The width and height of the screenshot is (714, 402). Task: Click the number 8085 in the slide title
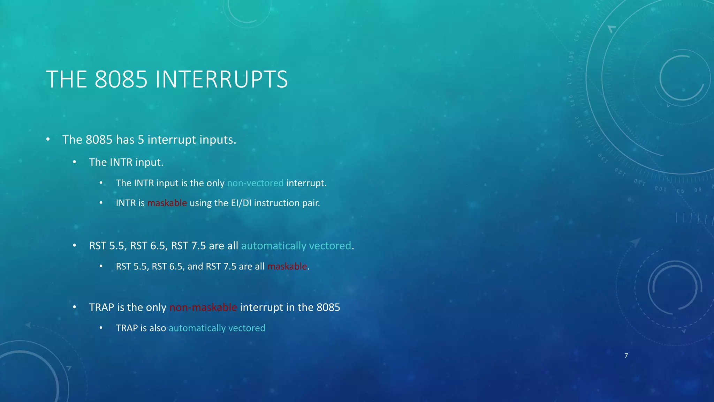pos(121,80)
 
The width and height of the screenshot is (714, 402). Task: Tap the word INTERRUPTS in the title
pos(221,80)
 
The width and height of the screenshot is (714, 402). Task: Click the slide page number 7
pos(626,356)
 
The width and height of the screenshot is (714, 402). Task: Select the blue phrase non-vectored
pos(255,183)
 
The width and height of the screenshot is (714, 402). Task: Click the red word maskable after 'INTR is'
pos(167,203)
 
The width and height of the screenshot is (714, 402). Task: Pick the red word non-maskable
pos(203,307)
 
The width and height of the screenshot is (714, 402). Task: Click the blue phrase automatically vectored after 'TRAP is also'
pos(217,328)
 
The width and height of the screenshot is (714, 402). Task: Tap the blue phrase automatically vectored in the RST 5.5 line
pos(296,246)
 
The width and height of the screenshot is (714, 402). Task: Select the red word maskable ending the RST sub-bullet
pos(287,267)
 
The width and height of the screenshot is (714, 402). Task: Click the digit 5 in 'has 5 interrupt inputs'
pos(140,140)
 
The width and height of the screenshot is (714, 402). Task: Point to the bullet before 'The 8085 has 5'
pos(48,140)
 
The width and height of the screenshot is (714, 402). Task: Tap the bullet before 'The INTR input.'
pos(75,162)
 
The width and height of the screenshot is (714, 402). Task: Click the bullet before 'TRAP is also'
pos(101,328)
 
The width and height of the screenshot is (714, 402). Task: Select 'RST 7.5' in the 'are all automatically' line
pos(188,246)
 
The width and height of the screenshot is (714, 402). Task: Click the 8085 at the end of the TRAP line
pos(328,307)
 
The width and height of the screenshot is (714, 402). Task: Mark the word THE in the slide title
pos(66,80)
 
